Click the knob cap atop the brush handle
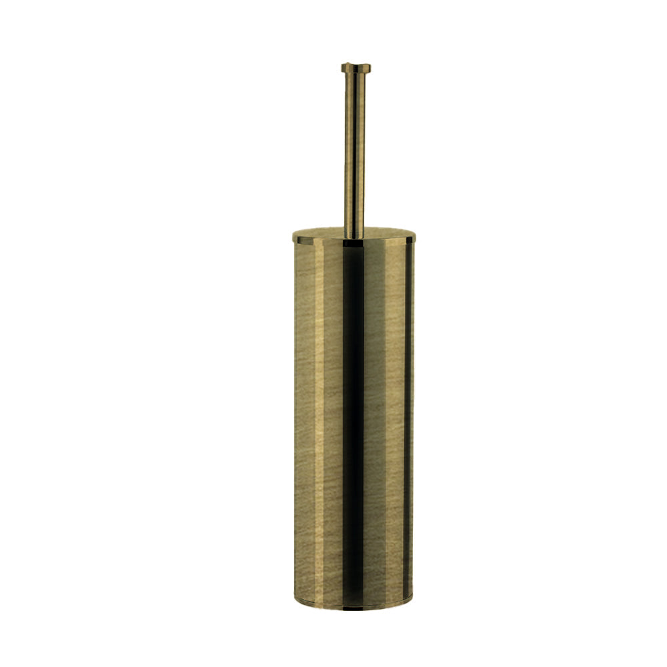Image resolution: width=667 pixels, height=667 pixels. tap(356, 67)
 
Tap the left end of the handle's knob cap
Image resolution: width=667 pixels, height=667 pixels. tap(342, 67)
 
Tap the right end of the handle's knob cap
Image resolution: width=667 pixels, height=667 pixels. tap(370, 67)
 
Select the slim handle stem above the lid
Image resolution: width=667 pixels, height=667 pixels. tap(355, 153)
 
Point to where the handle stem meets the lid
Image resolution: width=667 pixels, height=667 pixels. tap(355, 235)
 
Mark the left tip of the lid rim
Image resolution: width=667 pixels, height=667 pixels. tap(293, 236)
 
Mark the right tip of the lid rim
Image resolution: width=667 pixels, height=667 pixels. tap(415, 236)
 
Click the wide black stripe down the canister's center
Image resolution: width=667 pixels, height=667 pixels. tap(354, 420)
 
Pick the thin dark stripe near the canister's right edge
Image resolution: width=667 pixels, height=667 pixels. tap(406, 420)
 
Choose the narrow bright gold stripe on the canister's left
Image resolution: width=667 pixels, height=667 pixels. tap(319, 420)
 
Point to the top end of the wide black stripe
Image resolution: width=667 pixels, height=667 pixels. tap(354, 245)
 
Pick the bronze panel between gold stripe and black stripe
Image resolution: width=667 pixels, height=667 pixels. tap(333, 420)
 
